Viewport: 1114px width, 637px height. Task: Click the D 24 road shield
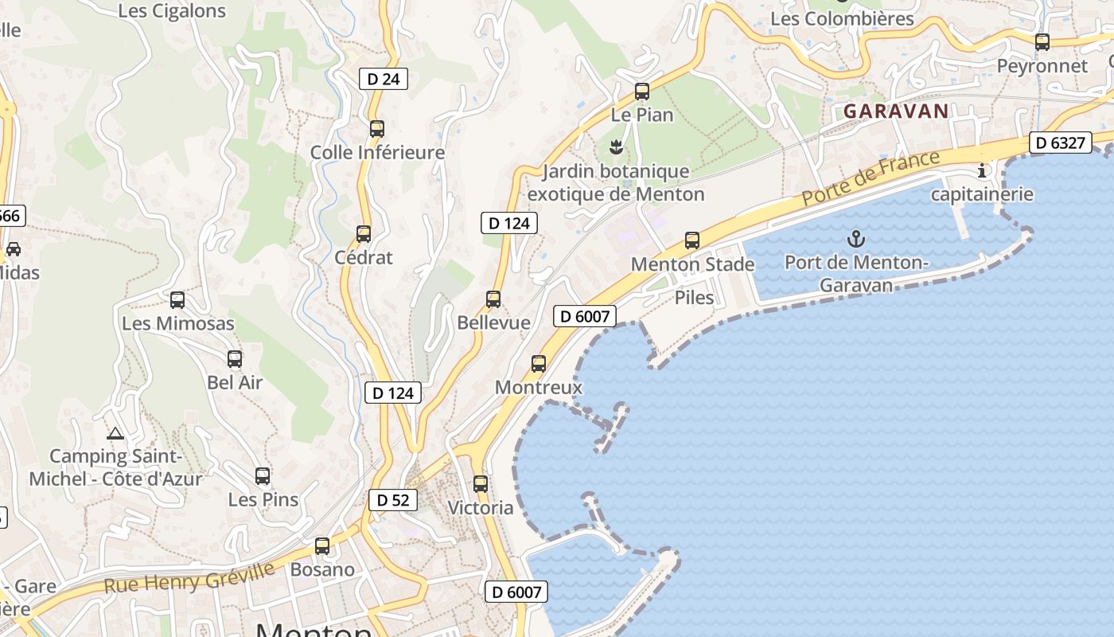(383, 78)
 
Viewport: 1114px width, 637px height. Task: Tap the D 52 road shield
(392, 500)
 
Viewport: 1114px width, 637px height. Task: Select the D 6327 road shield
(1061, 143)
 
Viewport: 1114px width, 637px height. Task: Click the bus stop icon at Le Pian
(642, 92)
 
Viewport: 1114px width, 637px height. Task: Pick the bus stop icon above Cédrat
(364, 234)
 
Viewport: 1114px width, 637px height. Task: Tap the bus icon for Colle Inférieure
(377, 129)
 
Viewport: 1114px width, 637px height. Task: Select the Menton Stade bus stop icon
(692, 240)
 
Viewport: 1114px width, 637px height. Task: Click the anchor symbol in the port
(856, 238)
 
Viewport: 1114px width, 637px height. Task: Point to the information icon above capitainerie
(982, 170)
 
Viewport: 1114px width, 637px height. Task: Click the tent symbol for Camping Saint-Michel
(115, 434)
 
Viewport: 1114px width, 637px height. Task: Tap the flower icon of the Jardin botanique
(615, 147)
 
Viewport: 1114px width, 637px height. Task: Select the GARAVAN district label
(896, 111)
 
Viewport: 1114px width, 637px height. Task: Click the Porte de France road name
(871, 178)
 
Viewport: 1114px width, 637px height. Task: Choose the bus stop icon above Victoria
(480, 484)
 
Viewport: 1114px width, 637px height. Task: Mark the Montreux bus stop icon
(539, 364)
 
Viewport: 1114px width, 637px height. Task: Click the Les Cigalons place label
(172, 11)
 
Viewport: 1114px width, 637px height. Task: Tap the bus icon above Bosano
(322, 546)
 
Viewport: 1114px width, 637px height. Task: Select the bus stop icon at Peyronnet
(1042, 42)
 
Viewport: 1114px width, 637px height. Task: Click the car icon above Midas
(14, 249)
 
